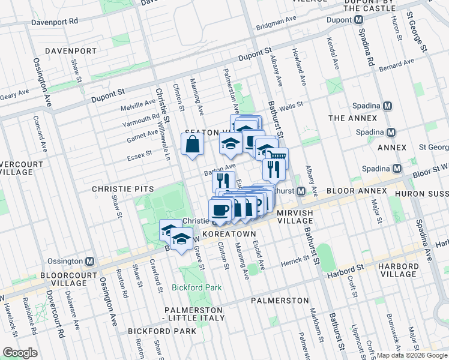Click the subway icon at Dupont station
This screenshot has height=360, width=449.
point(358,20)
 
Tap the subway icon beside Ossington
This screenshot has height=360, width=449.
point(90,262)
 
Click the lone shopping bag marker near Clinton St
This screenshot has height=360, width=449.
point(192,145)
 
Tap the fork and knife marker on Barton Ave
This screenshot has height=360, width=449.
point(223,180)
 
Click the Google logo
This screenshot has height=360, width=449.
point(20,353)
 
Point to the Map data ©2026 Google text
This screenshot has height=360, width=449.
point(412,355)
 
